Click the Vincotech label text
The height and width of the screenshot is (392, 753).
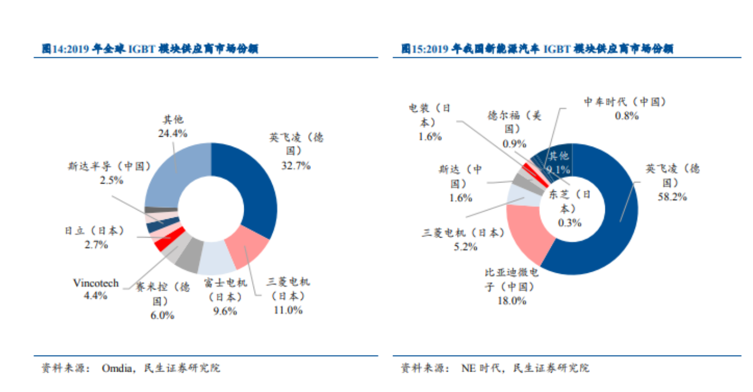(95, 283)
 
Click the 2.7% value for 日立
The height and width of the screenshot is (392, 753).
(96, 245)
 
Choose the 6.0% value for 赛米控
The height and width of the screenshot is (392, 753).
(163, 315)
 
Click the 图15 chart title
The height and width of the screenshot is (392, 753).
(537, 49)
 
